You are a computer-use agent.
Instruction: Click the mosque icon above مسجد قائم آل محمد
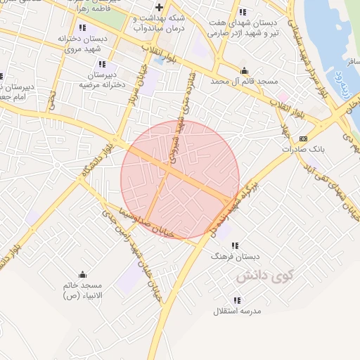pos(244,70)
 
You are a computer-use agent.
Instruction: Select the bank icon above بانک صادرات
pos(303,139)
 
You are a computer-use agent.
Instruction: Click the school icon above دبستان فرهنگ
pos(235,246)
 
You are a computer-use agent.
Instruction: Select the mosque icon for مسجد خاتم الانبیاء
pos(83,274)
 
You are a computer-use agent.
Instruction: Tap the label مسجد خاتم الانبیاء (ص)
pos(83,290)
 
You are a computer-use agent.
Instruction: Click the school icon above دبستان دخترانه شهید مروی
pos(83,27)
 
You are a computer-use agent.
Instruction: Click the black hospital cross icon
pos(160,7)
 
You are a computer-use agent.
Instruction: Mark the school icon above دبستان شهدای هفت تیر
pos(243,12)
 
